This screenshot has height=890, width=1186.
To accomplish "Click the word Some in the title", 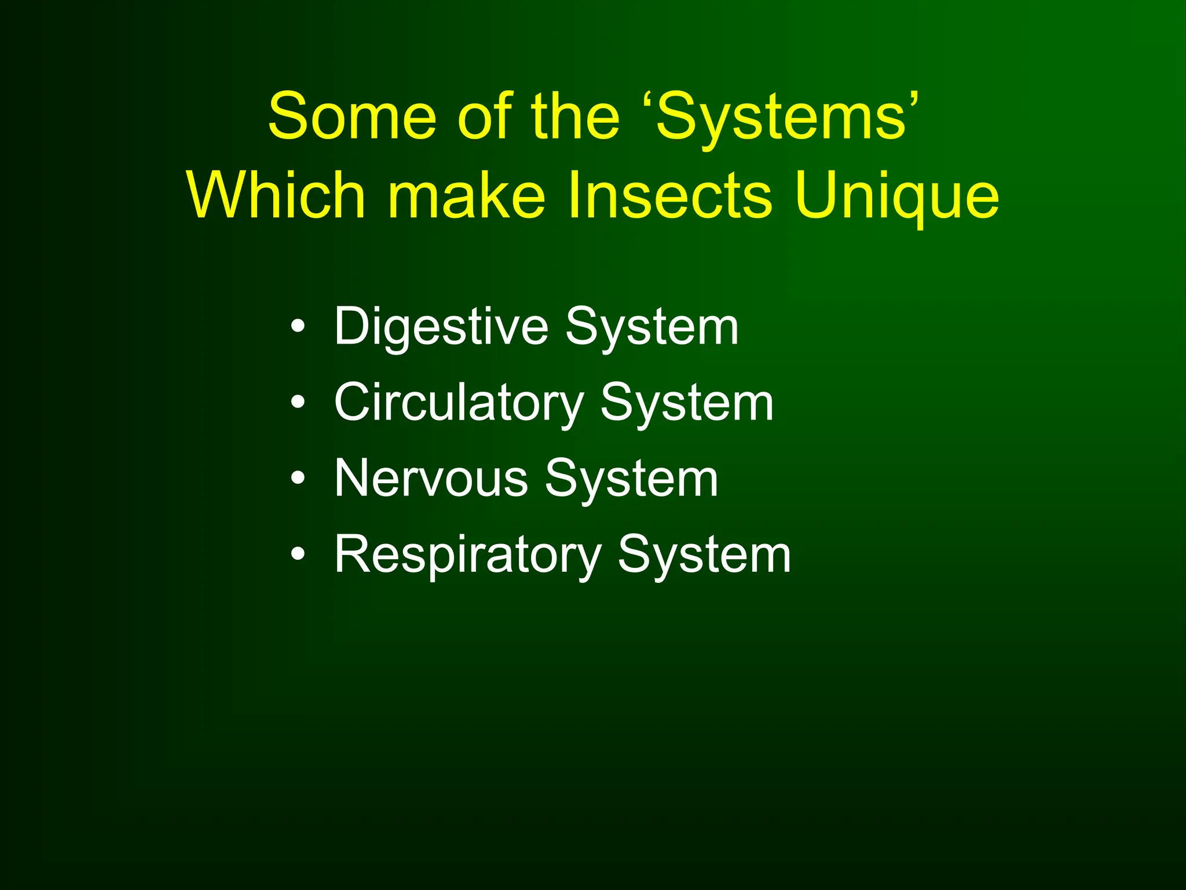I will coord(352,117).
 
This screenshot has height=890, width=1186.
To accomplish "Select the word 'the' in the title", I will coord(576,117).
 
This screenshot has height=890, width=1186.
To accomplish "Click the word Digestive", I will coord(441,327).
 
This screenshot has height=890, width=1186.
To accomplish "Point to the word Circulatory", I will coord(459,403).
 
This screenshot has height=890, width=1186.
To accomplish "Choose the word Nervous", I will coord(431,479).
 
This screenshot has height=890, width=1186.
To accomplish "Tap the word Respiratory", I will coord(468,555).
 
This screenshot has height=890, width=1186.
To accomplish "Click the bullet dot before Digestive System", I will coord(298,327).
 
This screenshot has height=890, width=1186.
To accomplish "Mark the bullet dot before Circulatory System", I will coord(298,403).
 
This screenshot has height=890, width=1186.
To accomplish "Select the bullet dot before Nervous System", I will coord(298,479).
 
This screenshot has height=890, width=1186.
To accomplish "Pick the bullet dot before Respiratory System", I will coord(298,555).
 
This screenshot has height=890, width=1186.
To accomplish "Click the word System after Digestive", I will coord(652,327).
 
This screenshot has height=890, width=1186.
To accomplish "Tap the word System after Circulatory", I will coord(687,403).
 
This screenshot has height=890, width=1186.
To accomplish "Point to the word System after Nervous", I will coord(632,479).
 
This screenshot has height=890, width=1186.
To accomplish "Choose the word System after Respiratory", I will coord(704,555).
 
